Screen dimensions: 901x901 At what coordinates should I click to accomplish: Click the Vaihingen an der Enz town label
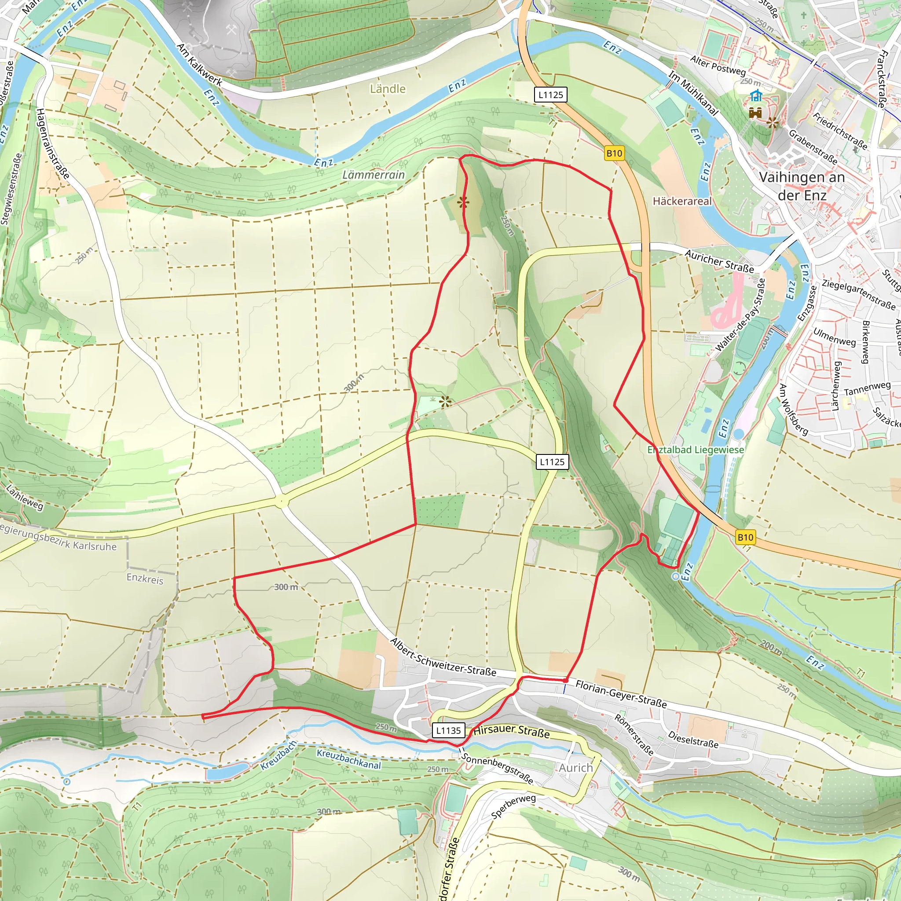point(801,186)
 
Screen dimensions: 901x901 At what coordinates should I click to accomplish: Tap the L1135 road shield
point(448,730)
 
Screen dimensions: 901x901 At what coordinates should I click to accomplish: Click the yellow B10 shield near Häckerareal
point(614,153)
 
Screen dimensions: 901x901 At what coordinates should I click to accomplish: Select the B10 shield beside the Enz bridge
point(745,537)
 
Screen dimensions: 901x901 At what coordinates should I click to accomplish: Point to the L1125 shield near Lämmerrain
point(551,95)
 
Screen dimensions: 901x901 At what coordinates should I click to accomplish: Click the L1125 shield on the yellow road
point(552,461)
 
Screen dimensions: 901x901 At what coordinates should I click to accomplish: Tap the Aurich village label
point(576,768)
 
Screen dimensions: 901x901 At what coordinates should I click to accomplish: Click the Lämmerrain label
point(374,175)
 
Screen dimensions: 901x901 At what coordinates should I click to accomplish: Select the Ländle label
point(388,88)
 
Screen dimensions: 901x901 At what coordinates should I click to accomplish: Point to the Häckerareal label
point(682,201)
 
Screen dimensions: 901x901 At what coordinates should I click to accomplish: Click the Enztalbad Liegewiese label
point(696,450)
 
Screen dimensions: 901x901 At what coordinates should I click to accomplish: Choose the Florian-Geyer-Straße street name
point(621,693)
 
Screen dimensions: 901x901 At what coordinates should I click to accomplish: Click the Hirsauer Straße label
point(512,731)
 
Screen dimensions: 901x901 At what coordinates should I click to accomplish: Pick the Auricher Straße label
point(719,261)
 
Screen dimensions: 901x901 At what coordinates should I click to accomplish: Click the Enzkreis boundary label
point(145,579)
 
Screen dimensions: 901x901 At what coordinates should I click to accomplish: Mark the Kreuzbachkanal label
point(348,759)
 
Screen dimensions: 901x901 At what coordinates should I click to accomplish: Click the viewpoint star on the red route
point(463,202)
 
